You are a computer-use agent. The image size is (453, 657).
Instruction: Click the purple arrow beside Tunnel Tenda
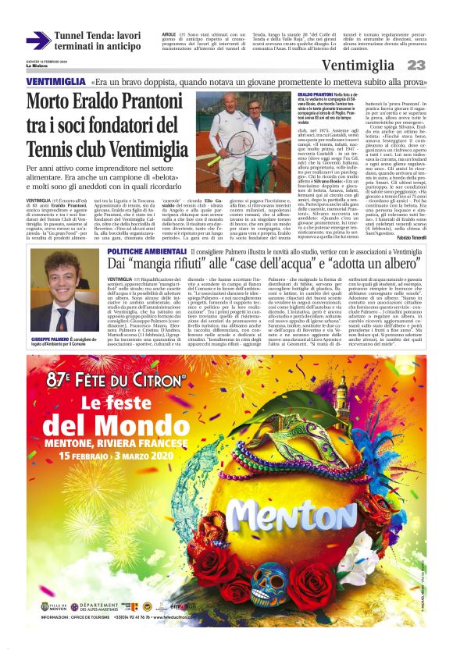[37, 40]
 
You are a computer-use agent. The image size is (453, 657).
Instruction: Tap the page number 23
[416, 66]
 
